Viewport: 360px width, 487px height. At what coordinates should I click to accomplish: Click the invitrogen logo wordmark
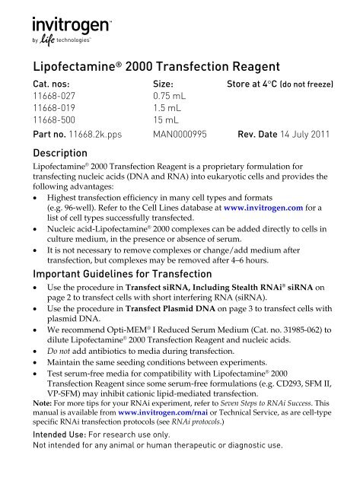coord(74,23)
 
